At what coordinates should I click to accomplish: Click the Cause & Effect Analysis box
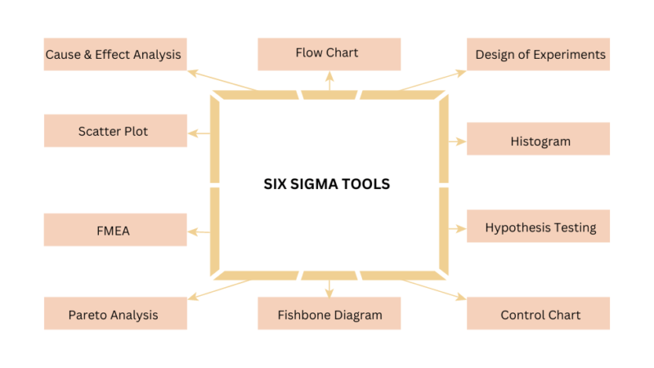[114, 55]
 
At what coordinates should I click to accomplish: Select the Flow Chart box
[329, 54]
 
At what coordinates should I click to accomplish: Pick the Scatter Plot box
[114, 131]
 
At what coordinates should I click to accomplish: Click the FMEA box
[114, 230]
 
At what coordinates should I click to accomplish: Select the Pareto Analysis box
[114, 314]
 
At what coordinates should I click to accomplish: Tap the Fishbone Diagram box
[329, 314]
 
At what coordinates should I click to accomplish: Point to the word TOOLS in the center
[368, 184]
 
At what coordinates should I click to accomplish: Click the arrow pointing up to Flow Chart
[329, 80]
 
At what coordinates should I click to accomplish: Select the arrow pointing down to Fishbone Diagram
[329, 286]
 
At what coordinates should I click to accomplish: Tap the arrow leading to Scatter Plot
[199, 133]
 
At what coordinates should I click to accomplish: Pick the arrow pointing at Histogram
[456, 141]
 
